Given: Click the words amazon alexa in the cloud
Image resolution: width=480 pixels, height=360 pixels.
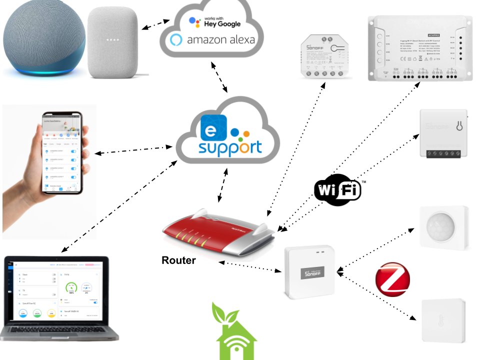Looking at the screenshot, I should [220, 40].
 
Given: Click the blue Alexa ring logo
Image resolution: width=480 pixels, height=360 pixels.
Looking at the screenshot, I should [176, 40].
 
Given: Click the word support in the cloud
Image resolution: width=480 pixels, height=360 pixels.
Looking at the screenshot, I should [230, 148].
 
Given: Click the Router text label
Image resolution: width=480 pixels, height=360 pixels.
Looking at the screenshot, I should [178, 260].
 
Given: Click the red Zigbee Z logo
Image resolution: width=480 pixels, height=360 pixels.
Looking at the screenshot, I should [392, 279].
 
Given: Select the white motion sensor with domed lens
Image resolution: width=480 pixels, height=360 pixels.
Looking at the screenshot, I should [444, 227].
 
